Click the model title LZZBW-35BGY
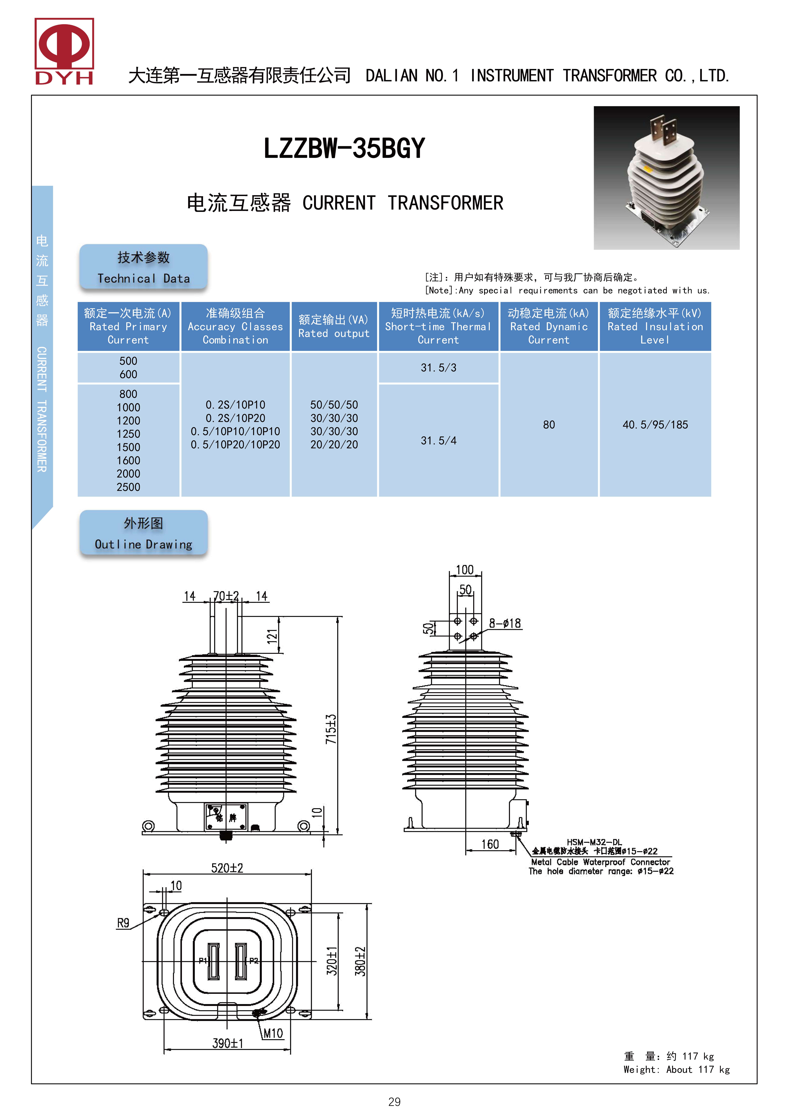click(x=344, y=148)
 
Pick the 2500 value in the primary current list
click(x=128, y=487)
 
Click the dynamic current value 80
click(x=549, y=425)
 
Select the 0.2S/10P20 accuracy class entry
click(x=235, y=418)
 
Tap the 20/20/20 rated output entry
click(x=334, y=445)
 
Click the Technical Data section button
click(x=143, y=267)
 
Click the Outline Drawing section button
click(x=143, y=533)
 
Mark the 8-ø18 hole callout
click(x=505, y=623)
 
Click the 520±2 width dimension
click(x=227, y=868)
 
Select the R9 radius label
click(x=123, y=923)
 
